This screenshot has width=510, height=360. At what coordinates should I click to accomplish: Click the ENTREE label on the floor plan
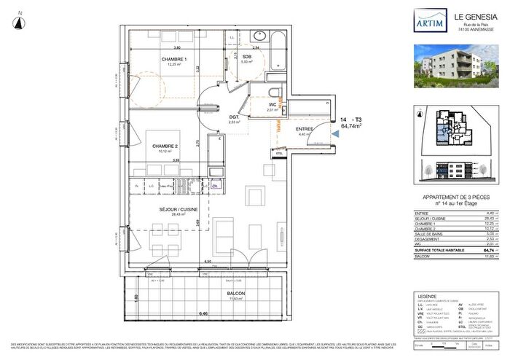click(x=305, y=129)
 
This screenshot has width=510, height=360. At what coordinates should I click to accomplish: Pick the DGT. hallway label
click(x=235, y=117)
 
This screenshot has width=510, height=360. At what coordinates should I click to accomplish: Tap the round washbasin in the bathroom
click(x=259, y=36)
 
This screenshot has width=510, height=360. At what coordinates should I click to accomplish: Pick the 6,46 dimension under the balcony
click(x=191, y=313)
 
